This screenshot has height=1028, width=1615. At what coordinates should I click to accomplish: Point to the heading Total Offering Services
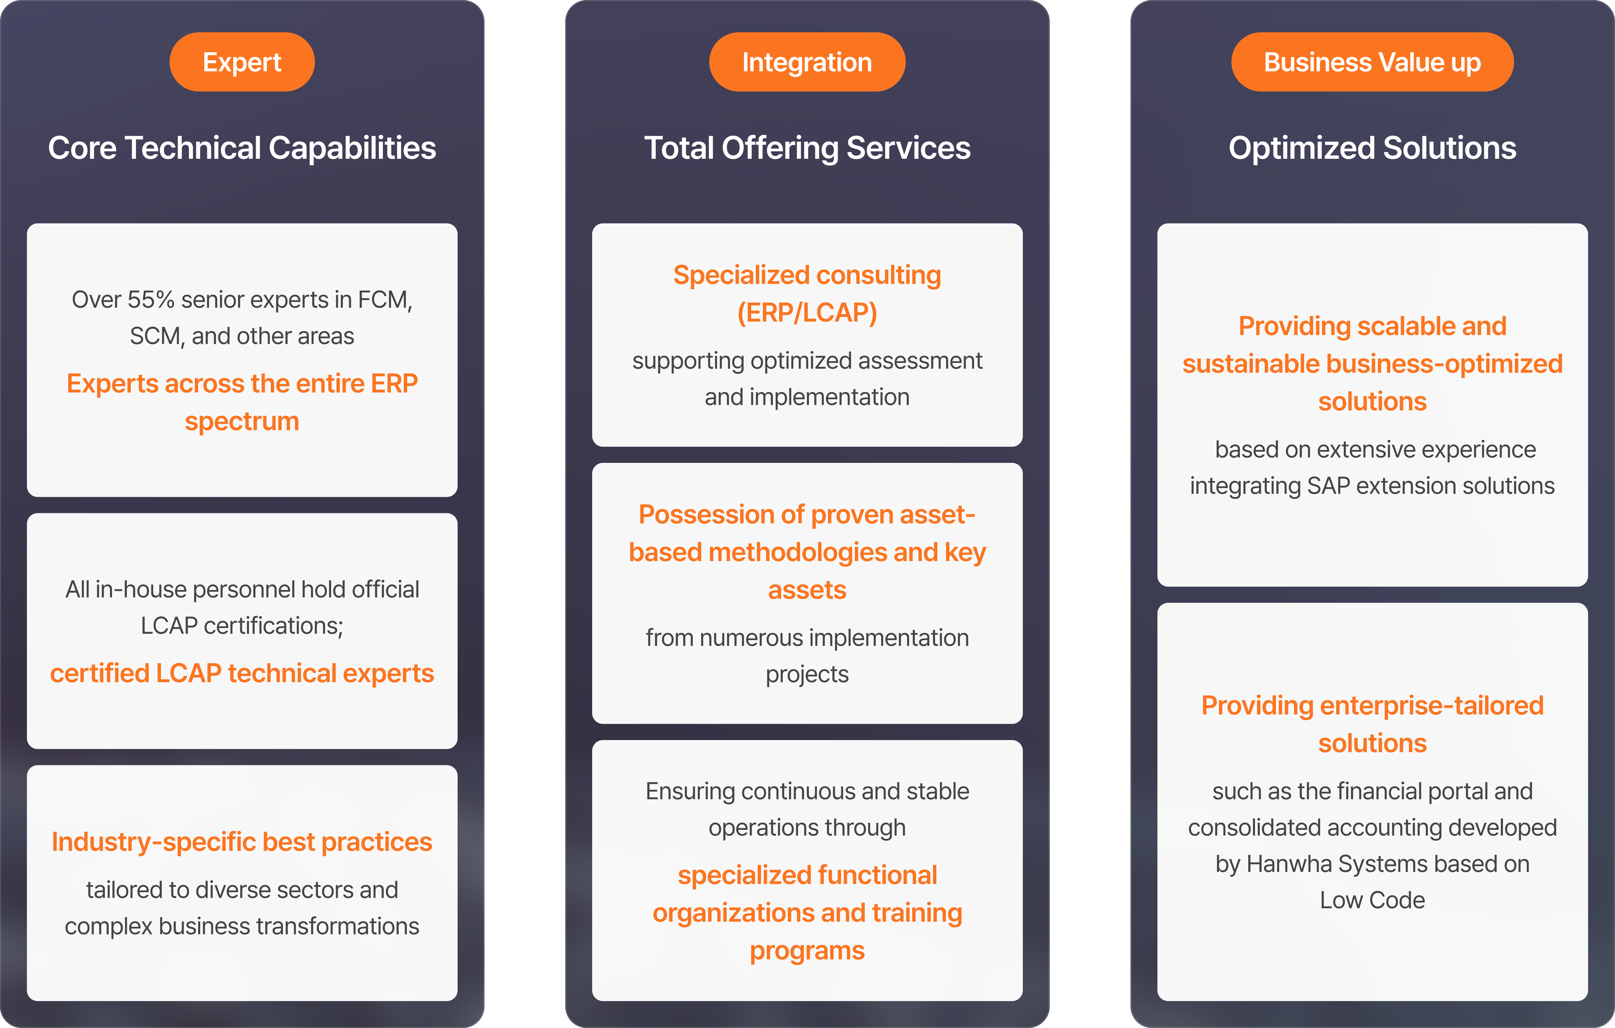point(807,148)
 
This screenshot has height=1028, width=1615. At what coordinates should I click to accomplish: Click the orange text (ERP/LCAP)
point(807,313)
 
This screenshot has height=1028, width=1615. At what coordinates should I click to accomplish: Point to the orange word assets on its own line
point(807,590)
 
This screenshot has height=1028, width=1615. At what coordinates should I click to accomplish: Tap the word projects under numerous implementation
point(807,674)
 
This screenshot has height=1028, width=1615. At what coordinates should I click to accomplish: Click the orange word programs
point(807,951)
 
